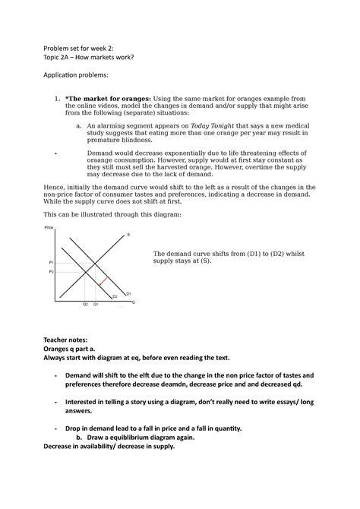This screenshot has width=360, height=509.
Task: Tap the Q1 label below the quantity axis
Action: [x=96, y=304]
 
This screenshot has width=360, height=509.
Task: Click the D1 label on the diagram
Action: [x=128, y=293]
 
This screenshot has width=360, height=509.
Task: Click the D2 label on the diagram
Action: [x=115, y=296]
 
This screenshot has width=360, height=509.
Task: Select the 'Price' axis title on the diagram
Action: [x=49, y=228]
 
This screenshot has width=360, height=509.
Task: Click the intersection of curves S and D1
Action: [x=96, y=261]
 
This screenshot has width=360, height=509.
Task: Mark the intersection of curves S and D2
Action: [x=86, y=271]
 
